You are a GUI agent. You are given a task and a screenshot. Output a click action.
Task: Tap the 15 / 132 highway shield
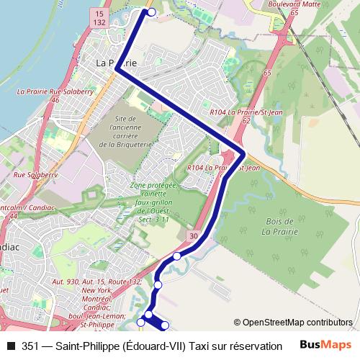tap(99, 19)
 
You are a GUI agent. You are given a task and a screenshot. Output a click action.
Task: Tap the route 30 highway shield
tap(194, 235)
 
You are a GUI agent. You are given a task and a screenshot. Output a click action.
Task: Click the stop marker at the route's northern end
tap(150, 12)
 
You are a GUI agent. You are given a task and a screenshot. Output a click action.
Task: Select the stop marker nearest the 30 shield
tap(177, 256)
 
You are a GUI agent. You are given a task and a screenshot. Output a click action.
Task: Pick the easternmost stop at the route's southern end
tap(165, 326)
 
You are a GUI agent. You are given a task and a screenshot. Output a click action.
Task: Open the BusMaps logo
tap(325, 345)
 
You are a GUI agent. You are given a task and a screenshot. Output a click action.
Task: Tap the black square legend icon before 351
tap(10, 346)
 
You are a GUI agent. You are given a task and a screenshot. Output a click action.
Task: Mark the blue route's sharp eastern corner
tap(244, 154)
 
